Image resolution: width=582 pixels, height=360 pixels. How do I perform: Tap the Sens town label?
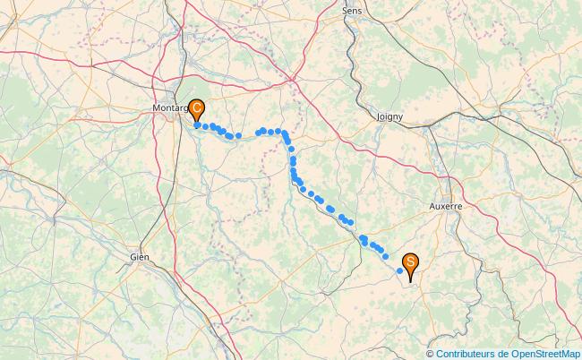pos(352,10)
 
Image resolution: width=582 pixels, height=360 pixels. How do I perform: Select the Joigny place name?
pos(389,116)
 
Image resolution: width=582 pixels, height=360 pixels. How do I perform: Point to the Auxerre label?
pos(445,206)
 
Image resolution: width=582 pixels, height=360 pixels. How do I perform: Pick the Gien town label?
pos(139,257)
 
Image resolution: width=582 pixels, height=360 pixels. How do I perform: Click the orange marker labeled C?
pos(196,109)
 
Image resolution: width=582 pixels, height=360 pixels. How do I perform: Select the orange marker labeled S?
pos(410,262)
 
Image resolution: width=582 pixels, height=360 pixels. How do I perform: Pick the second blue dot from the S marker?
pos(385,257)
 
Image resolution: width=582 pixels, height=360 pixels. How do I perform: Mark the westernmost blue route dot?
pos(197,125)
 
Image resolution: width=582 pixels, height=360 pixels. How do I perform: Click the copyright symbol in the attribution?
pos(431,354)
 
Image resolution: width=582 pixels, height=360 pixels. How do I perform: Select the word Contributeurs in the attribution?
pos(466,354)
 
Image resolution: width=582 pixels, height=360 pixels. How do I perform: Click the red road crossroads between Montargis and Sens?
pos(294,78)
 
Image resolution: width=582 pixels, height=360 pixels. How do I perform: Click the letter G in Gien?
pos(133,257)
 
